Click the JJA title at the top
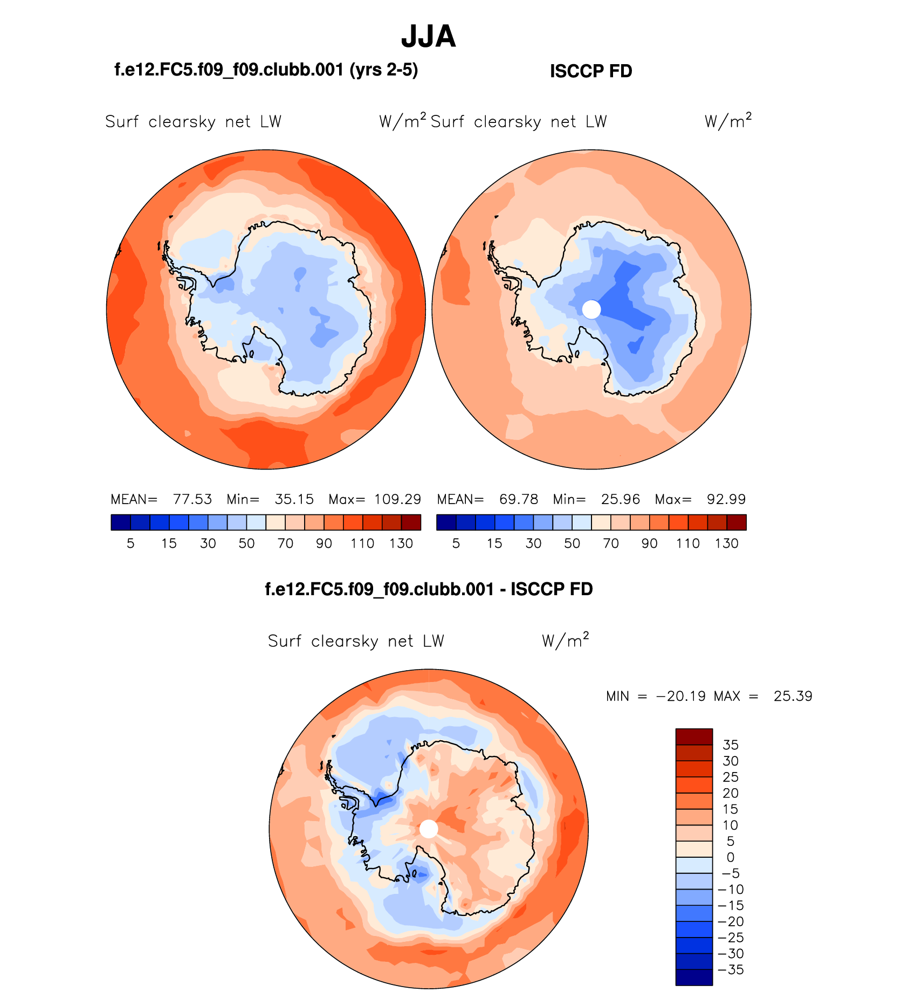point(429,37)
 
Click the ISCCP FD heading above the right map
point(590,71)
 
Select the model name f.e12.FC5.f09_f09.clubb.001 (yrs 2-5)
point(266,70)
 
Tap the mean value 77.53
point(192,499)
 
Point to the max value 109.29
point(397,499)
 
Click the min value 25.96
point(621,499)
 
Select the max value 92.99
point(726,499)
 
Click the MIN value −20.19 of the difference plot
point(680,696)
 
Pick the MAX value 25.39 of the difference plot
point(793,696)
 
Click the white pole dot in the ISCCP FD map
point(591,309)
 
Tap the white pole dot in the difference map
point(429,829)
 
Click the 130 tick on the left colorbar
point(401,543)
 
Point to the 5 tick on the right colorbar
point(456,543)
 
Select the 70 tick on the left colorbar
point(285,543)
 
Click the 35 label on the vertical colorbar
point(731,745)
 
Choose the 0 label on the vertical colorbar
point(731,857)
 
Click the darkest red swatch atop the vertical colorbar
point(694,736)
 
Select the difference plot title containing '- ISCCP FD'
point(429,589)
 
